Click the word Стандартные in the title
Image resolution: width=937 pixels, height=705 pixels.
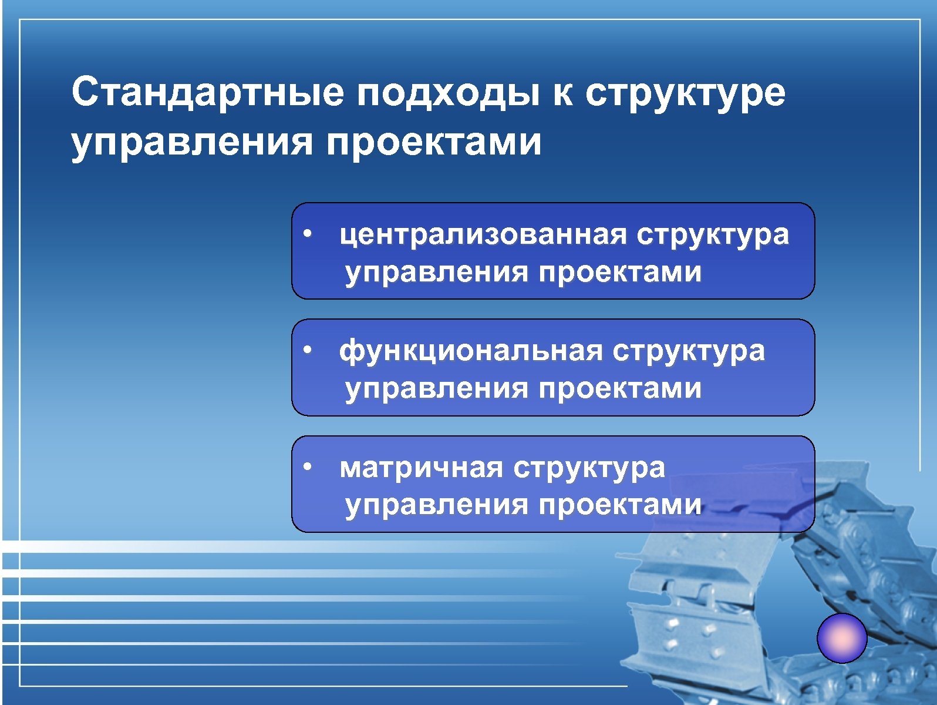click(207, 92)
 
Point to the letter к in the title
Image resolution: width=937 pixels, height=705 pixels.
click(562, 94)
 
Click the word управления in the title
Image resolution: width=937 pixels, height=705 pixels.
click(191, 143)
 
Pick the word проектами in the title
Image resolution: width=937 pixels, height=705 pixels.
click(434, 143)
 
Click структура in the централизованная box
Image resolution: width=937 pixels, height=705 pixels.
click(713, 235)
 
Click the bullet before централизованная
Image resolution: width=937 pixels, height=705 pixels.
click(306, 234)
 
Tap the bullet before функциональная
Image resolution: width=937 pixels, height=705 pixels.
click(306, 351)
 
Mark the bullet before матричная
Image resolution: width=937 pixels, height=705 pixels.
click(306, 468)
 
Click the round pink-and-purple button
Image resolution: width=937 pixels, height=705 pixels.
click(842, 638)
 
